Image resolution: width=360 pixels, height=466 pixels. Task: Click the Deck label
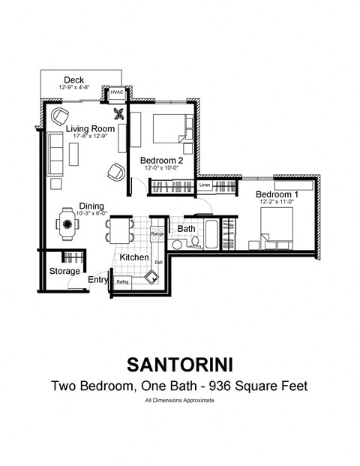(x=73, y=80)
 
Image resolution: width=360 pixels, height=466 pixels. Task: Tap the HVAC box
(x=118, y=93)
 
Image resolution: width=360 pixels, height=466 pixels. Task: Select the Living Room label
(x=89, y=129)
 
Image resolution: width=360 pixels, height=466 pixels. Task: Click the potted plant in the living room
(x=118, y=115)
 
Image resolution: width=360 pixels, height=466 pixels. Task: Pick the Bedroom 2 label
(x=161, y=160)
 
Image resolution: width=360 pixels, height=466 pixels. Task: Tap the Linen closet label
(x=205, y=185)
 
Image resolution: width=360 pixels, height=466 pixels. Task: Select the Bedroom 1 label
(x=271, y=194)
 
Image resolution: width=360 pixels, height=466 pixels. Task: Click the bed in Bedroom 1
(x=281, y=224)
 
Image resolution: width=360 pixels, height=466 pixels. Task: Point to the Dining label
(x=91, y=206)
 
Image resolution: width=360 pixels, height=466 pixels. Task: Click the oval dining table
(x=67, y=224)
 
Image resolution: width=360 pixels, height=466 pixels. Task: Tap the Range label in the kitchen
(x=157, y=234)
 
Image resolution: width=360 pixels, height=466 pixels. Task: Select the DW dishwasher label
(x=158, y=262)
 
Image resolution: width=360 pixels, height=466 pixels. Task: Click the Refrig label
(x=122, y=281)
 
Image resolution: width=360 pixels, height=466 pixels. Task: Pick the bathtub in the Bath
(x=213, y=234)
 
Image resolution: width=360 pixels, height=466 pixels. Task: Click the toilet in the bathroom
(x=194, y=242)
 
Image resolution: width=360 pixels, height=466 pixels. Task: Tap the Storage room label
(x=64, y=271)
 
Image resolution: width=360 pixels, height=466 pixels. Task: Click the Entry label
(x=98, y=280)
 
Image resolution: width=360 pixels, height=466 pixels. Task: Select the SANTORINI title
(x=179, y=365)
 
